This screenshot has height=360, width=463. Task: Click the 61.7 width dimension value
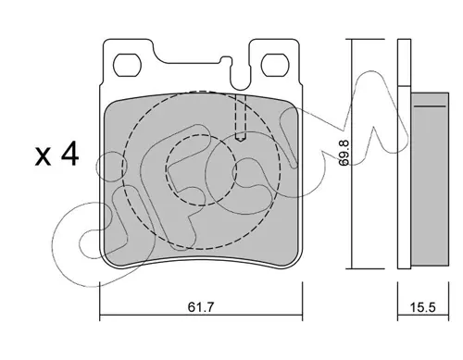[x=201, y=307]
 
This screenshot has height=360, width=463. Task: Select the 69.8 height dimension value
[x=344, y=153]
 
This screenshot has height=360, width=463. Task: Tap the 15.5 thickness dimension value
[x=422, y=307]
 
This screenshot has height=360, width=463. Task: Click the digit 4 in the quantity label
[x=69, y=155]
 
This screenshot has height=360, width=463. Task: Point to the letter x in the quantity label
[x=43, y=156]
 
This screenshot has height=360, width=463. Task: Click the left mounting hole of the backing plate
[x=127, y=65]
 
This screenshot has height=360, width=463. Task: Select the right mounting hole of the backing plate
[x=275, y=65]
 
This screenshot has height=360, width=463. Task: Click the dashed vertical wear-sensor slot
[x=241, y=117]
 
